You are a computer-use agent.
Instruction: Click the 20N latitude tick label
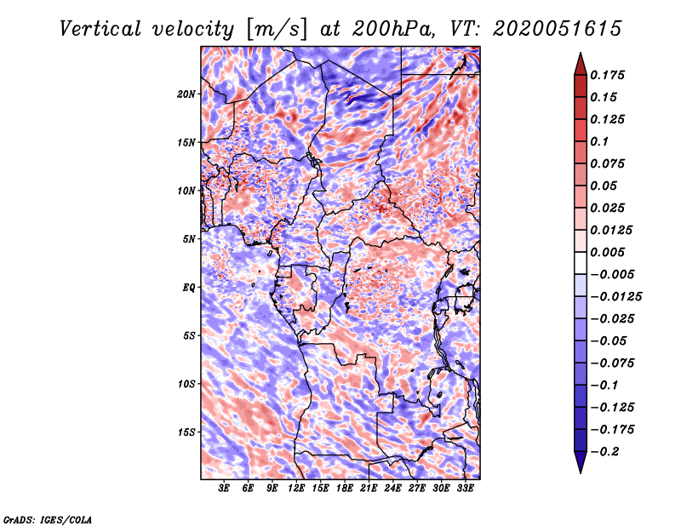pyautogui.click(x=186, y=94)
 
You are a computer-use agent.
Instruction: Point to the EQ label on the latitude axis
pyautogui.click(x=189, y=287)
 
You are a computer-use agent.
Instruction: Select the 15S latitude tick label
pyautogui.click(x=186, y=432)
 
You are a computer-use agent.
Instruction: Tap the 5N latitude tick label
pyautogui.click(x=189, y=239)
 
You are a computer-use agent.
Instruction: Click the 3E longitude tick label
pyautogui.click(x=225, y=489)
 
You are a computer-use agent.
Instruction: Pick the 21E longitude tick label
pyautogui.click(x=369, y=489)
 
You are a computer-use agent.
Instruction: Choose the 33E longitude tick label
pyautogui.click(x=464, y=489)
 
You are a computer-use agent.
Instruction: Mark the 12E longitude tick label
pyautogui.click(x=297, y=489)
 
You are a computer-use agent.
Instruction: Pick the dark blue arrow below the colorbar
pyautogui.click(x=580, y=462)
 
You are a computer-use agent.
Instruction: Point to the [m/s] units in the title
pyautogui.click(x=277, y=28)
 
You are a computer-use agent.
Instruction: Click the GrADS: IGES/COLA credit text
pyautogui.click(x=48, y=518)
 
